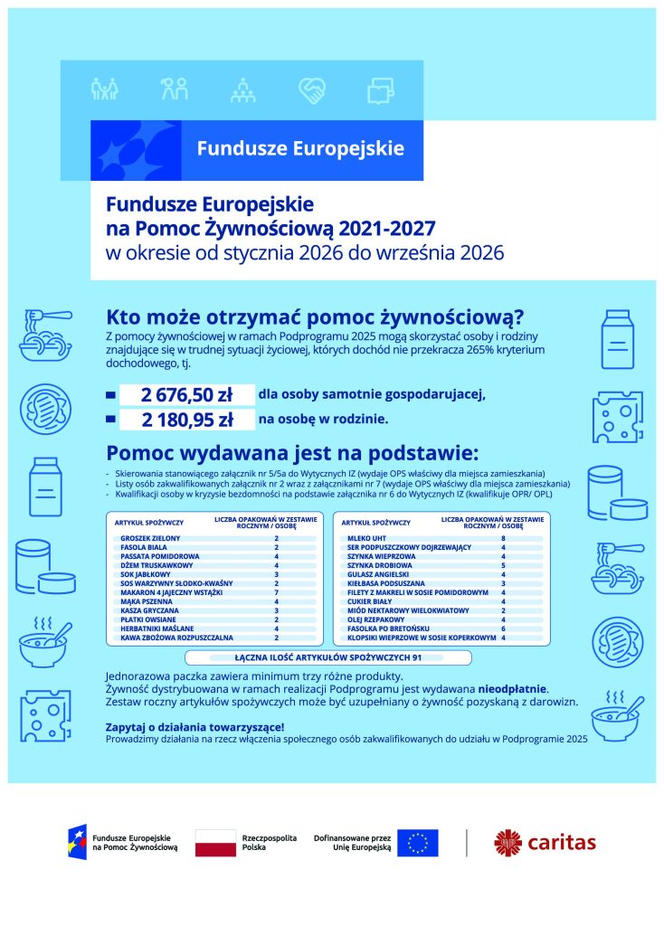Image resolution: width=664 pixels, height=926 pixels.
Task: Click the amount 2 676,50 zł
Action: (x=187, y=394)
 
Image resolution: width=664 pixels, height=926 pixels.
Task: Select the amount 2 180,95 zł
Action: (x=187, y=420)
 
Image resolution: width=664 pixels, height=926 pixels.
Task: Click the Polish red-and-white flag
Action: (x=216, y=843)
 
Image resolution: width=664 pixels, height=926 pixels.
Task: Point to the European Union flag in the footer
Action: (x=417, y=843)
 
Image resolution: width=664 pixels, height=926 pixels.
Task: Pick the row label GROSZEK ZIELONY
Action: (x=145, y=539)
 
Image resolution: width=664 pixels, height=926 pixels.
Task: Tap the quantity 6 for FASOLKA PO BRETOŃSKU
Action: (x=502, y=628)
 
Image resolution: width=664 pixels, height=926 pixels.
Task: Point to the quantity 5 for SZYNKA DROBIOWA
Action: (x=502, y=565)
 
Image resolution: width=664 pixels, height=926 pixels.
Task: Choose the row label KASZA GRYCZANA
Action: (x=147, y=610)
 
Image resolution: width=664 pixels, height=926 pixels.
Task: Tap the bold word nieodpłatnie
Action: (x=513, y=689)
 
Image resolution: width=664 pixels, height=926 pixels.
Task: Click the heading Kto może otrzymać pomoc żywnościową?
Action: (x=316, y=317)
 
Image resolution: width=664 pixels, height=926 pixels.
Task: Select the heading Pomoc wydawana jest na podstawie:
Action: (x=291, y=452)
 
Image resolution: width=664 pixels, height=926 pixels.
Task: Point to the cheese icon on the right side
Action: (x=618, y=415)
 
